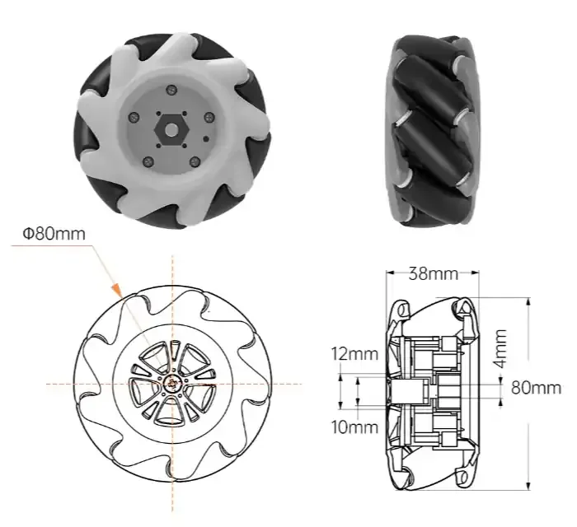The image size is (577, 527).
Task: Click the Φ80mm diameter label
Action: (x=54, y=233)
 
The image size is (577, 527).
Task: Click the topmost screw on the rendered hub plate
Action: (x=170, y=89)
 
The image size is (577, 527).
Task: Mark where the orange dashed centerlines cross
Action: (x=171, y=384)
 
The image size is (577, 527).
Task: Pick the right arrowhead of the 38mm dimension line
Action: (x=479, y=272)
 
